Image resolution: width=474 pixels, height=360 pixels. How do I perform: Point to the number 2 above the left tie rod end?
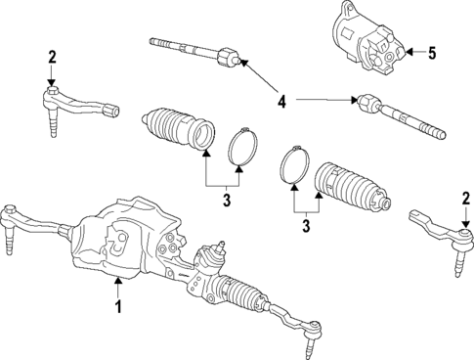[x=52, y=57]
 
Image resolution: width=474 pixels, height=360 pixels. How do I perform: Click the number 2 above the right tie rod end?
[x=465, y=199]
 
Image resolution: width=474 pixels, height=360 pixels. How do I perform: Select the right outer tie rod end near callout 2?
[x=438, y=229]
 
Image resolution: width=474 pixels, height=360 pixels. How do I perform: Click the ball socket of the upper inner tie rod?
[x=226, y=58]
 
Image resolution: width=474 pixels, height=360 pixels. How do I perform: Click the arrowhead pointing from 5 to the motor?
[x=409, y=51]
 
